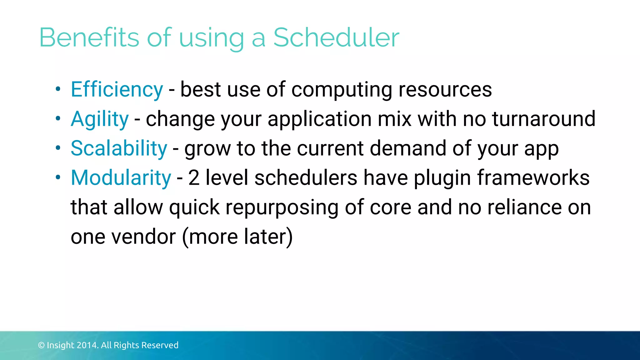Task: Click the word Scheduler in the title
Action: (336, 37)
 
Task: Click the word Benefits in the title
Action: (89, 37)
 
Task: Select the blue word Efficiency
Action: (117, 90)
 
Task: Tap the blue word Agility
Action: (100, 119)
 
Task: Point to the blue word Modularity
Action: (121, 178)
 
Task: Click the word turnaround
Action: (544, 119)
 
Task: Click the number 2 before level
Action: (194, 178)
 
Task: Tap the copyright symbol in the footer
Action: (41, 345)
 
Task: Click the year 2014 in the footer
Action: (88, 345)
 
